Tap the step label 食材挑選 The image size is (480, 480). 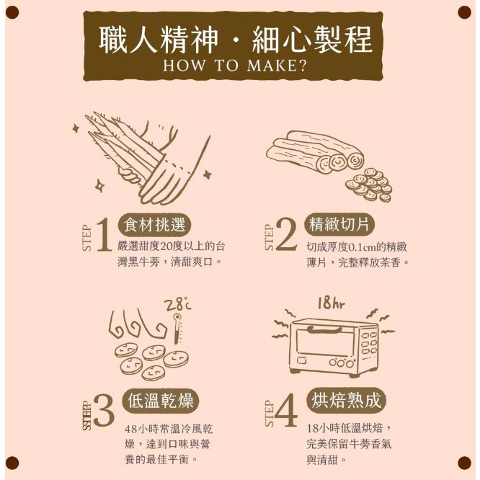[x=157, y=222]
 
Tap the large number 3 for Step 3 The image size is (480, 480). [x=104, y=414]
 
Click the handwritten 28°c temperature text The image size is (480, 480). [x=178, y=305]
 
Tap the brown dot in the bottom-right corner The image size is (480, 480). [x=463, y=462]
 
